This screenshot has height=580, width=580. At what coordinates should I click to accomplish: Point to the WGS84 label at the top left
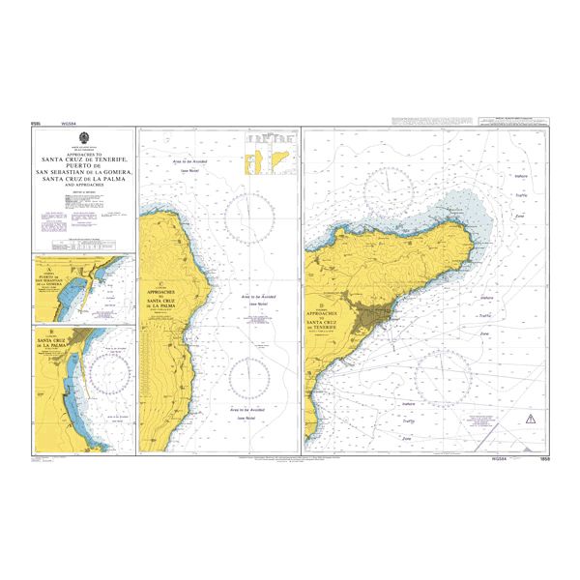pyautogui.click(x=68, y=124)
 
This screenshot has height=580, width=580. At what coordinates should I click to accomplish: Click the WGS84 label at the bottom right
pyautogui.click(x=501, y=457)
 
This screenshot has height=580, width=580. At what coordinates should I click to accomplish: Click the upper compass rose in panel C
pyautogui.click(x=247, y=214)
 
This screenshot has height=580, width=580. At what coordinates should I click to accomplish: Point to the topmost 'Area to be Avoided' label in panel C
pyautogui.click(x=189, y=161)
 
